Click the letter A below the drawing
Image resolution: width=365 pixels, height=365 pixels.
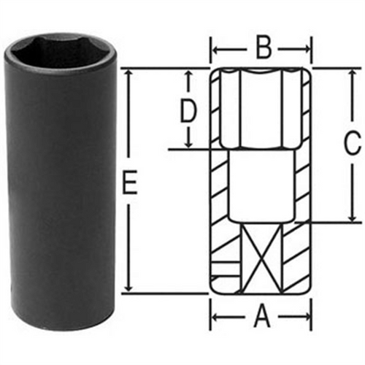pos(262,318)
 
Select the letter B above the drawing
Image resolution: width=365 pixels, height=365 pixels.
pos(264,49)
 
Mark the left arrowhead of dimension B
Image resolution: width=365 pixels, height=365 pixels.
pos(216,50)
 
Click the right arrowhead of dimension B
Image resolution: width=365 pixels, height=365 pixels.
pos(310,50)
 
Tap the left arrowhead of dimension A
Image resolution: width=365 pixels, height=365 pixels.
pos(216,318)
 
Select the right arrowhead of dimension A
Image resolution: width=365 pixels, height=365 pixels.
pos(310,318)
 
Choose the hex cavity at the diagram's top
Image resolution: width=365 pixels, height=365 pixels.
pos(262,109)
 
